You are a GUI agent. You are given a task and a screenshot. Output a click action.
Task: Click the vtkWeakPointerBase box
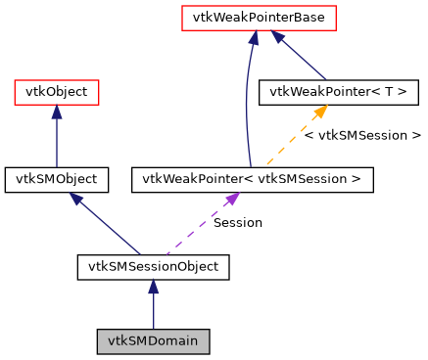click(x=260, y=18)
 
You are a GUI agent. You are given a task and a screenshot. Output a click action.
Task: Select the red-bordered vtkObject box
click(x=56, y=93)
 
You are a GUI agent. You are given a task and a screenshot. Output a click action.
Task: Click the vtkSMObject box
click(x=56, y=179)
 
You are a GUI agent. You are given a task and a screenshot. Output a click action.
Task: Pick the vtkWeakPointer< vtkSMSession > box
click(x=252, y=179)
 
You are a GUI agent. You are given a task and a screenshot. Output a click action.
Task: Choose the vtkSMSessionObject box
click(x=153, y=266)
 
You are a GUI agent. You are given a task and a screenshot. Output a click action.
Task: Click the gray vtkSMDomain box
click(x=153, y=342)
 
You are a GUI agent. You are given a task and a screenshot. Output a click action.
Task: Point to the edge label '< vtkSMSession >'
click(x=361, y=136)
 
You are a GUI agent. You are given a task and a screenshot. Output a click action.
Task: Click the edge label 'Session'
click(x=237, y=223)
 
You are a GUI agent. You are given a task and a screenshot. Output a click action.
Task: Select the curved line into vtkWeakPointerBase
click(x=245, y=108)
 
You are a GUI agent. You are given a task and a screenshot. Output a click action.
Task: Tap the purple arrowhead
click(x=231, y=199)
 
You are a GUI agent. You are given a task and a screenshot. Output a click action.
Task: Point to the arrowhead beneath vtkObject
click(x=56, y=113)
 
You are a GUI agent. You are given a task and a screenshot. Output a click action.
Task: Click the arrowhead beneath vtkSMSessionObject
click(x=153, y=287)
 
